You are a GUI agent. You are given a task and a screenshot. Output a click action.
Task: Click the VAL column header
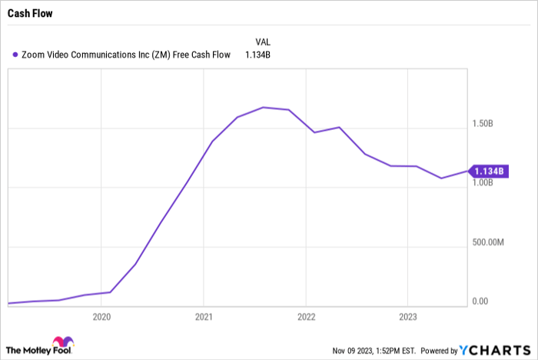[263, 41]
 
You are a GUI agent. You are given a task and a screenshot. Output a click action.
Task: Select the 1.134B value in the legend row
[258, 55]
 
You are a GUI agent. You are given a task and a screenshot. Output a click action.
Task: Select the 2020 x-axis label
[101, 316]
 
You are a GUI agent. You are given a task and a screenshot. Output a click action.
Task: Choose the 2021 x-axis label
[204, 316]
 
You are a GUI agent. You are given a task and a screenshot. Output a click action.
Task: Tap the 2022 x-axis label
[306, 316]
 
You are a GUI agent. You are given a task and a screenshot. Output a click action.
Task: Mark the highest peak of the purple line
[263, 107]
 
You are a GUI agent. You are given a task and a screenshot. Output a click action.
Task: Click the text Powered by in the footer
[438, 350]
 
